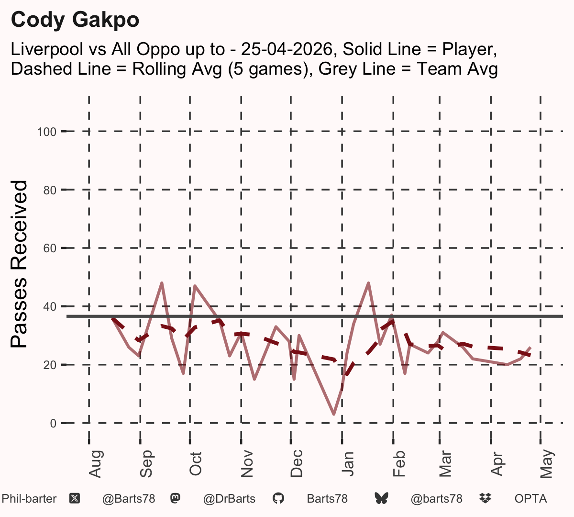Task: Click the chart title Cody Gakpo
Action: (x=75, y=20)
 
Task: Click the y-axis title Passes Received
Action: (x=19, y=264)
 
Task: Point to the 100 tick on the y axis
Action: (x=47, y=132)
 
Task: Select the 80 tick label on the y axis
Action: (x=50, y=190)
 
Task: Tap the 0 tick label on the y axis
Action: (x=53, y=423)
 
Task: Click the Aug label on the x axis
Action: (x=96, y=464)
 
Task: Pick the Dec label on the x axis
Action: (x=297, y=463)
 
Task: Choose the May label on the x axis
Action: (x=547, y=464)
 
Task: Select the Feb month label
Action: (x=399, y=463)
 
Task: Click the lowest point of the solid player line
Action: (x=334, y=414)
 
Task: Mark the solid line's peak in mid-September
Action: (x=162, y=283)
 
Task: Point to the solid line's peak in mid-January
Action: (x=368, y=283)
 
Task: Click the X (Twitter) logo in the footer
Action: (x=75, y=499)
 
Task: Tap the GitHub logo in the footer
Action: (x=278, y=499)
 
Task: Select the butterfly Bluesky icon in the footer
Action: (x=382, y=499)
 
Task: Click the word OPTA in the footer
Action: (x=531, y=499)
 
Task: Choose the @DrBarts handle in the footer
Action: (x=229, y=499)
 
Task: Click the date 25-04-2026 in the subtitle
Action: (x=287, y=49)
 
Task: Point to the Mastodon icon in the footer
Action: (x=176, y=498)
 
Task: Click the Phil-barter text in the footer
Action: (x=29, y=499)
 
